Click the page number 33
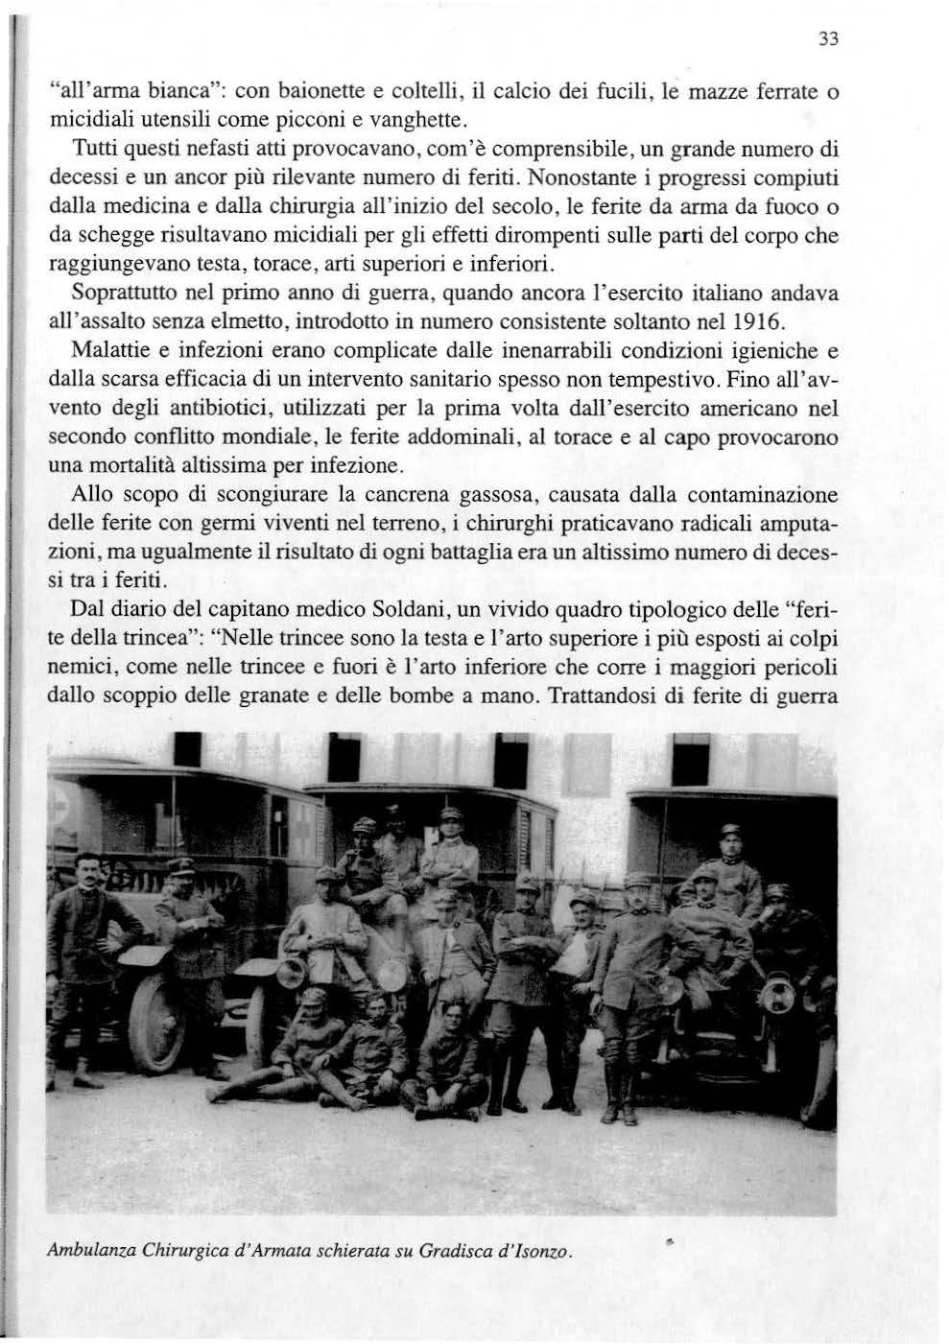(x=830, y=40)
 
